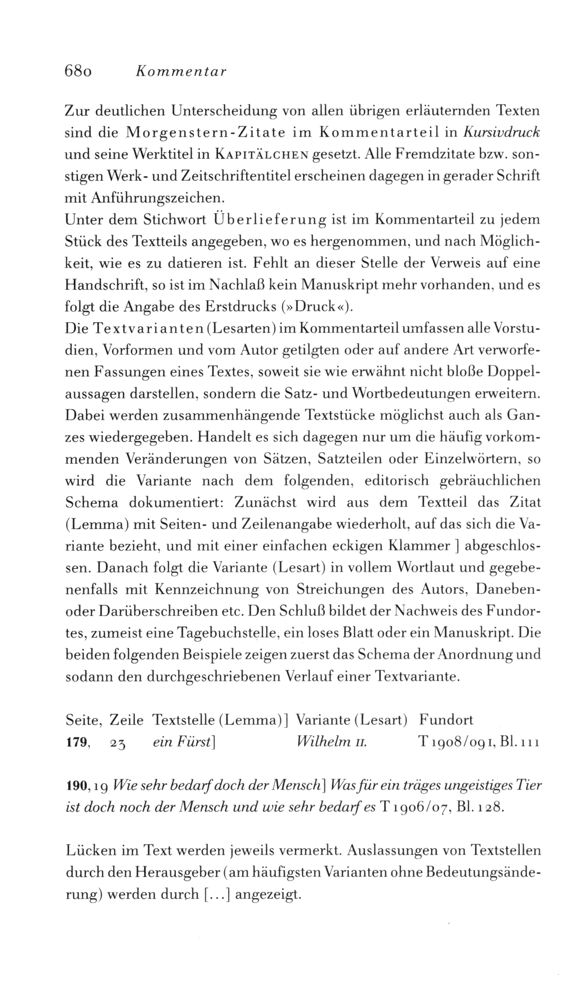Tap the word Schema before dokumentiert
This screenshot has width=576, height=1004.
point(91,503)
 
